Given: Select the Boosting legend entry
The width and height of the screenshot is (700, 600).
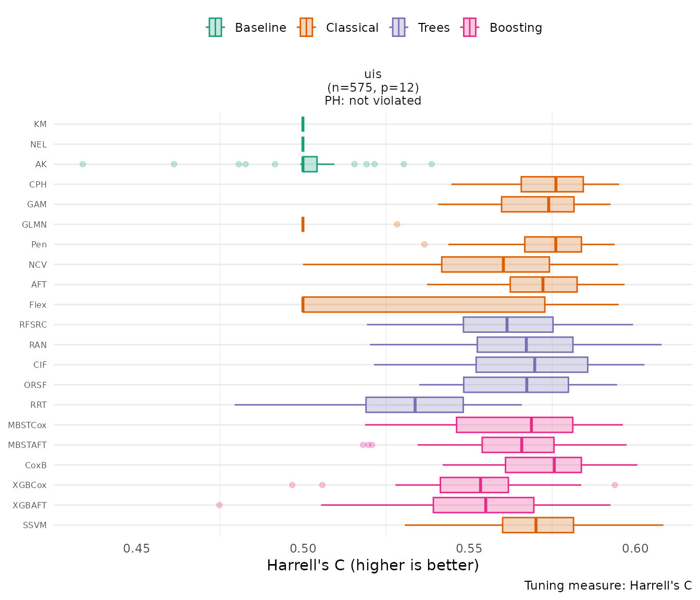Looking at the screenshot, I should [x=503, y=28].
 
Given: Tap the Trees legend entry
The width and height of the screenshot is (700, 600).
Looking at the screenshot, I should [x=421, y=28].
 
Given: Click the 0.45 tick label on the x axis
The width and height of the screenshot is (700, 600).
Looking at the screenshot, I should [x=136, y=548].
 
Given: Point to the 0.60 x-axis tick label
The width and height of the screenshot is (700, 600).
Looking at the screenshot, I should [x=635, y=548].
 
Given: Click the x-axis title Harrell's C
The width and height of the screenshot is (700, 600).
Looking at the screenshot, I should [x=372, y=566].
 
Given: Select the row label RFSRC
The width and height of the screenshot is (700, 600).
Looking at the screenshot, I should [x=33, y=325].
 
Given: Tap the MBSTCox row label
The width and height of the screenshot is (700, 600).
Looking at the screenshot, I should [x=28, y=425].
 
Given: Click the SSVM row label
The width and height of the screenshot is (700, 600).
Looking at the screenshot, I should [x=35, y=525].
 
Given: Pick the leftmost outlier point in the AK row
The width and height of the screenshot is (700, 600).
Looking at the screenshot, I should [x=82, y=164].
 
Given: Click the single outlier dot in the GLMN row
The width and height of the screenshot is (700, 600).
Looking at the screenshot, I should [x=397, y=224].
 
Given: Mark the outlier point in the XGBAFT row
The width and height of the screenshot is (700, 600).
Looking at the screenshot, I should [x=219, y=505].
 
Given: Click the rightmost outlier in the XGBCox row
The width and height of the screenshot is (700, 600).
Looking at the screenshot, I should [x=615, y=485].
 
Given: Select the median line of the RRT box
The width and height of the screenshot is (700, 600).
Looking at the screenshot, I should [x=415, y=405].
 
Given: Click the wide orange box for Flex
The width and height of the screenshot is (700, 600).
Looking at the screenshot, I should [x=423, y=305].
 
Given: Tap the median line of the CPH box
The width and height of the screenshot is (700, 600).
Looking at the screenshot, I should [x=556, y=184].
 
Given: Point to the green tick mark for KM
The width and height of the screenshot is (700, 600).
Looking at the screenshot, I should [x=303, y=124].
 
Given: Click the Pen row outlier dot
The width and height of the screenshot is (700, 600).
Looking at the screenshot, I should [x=424, y=244].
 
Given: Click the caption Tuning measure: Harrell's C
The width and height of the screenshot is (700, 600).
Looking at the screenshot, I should [x=608, y=585].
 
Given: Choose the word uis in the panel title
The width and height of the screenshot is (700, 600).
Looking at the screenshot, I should [x=373, y=74].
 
